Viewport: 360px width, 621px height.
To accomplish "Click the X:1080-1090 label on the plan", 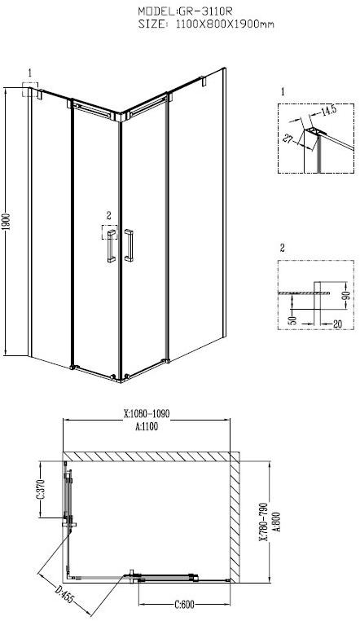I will click(x=147, y=413).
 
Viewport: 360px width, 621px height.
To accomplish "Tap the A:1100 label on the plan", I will click(x=147, y=424).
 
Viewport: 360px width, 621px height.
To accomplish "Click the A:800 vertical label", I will click(x=277, y=516).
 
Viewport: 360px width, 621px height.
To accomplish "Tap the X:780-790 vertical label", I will click(x=263, y=516).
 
